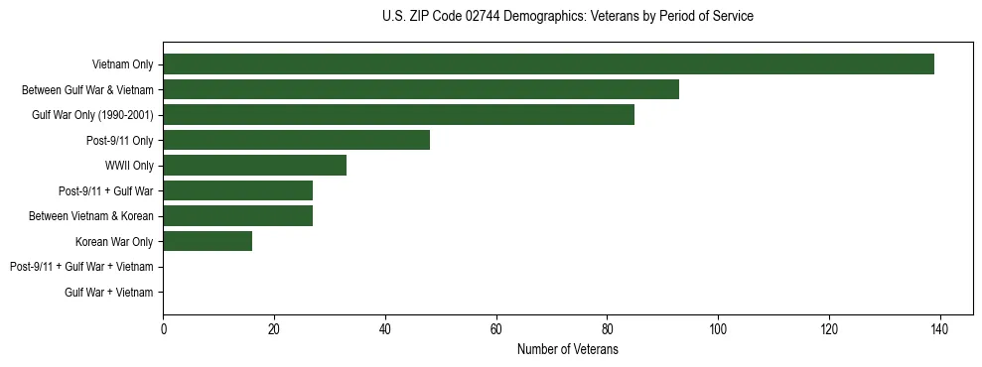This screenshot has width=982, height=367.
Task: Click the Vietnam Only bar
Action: tap(548, 63)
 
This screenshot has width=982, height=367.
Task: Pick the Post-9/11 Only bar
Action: tap(296, 140)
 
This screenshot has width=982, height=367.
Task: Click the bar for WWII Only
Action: tap(254, 165)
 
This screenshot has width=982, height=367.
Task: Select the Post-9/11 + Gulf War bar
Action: tap(237, 190)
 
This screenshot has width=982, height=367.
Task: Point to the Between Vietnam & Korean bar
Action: tap(237, 215)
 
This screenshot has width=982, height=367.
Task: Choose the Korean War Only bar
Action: tap(208, 241)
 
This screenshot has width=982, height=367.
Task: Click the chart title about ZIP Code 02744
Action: tap(567, 17)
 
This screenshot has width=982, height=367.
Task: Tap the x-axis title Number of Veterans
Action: tap(567, 350)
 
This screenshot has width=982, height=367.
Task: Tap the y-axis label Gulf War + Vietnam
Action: tap(109, 292)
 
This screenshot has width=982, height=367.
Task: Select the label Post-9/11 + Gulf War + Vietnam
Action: tap(81, 267)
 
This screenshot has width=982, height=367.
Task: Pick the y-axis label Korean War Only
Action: tap(114, 241)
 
